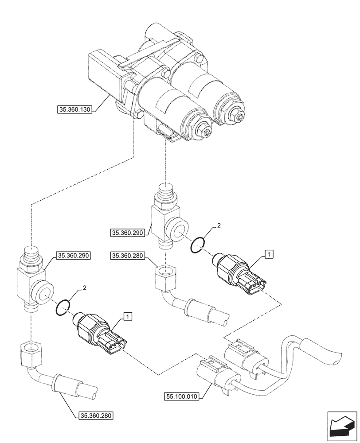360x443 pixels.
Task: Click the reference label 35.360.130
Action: point(74,108)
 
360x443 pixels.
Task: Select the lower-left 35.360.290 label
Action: point(73,256)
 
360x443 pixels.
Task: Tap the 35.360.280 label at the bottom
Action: point(96,416)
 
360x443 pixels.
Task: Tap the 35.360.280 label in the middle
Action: point(129,255)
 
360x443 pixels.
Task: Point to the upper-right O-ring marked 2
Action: point(198,244)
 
